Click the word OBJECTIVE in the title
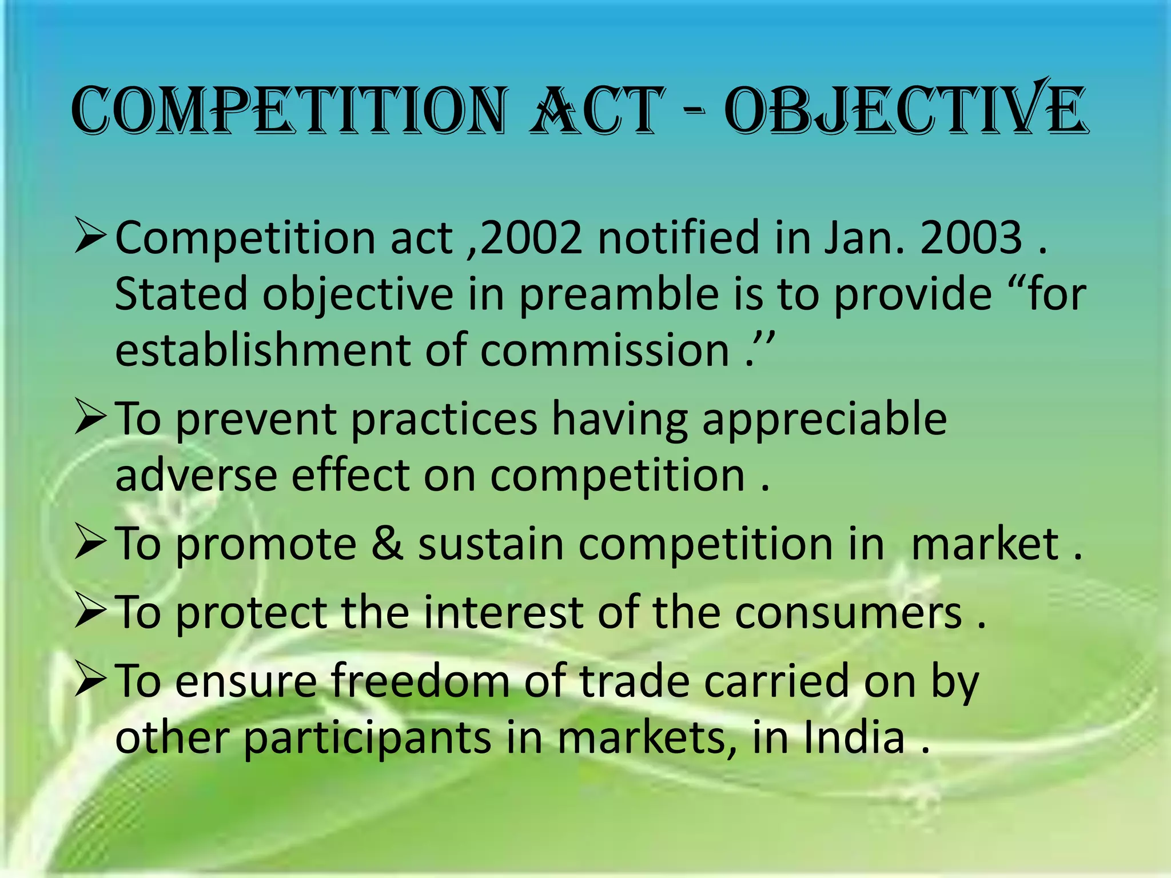tap(906, 110)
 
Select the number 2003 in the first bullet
tap(971, 237)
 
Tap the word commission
tap(605, 350)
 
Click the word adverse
tap(196, 476)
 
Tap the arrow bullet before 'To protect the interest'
tap(90, 611)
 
